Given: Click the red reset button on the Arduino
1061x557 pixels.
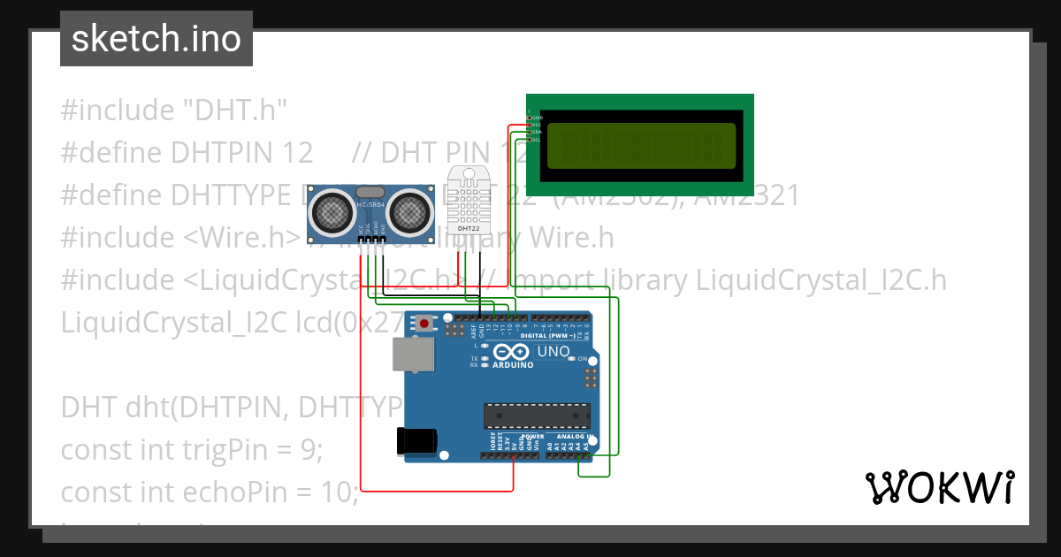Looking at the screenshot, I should coord(425,324).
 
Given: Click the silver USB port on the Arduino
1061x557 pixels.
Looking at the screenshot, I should coord(414,356).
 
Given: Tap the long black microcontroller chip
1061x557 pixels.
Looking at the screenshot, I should coord(536,416).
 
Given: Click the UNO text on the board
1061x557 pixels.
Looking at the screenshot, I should coord(553,352).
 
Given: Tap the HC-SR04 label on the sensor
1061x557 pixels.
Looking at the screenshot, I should coord(370,205).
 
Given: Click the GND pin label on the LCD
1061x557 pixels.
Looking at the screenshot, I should coord(537,117).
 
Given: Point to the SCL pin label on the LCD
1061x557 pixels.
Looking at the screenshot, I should coord(536,139).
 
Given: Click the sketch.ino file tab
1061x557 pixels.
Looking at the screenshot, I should coord(156,39).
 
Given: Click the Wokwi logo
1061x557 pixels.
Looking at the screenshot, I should coord(939,487).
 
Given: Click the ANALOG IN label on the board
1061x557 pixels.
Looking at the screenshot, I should coord(572,437).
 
